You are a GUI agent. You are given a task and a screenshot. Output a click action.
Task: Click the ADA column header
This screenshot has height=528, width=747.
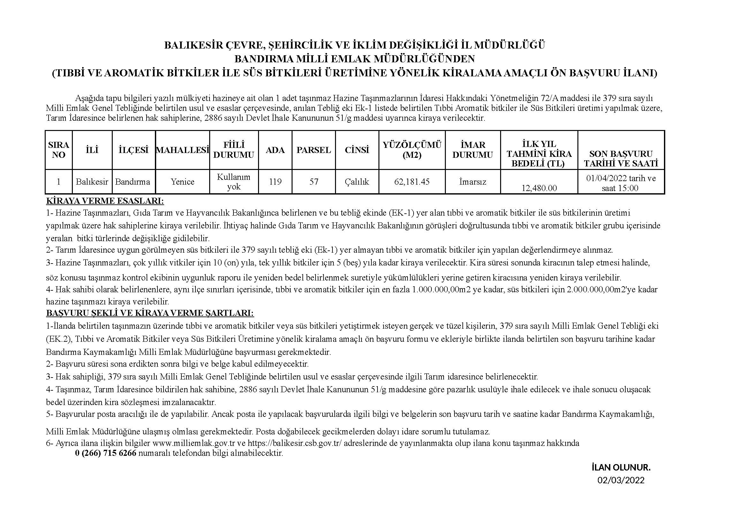(275, 150)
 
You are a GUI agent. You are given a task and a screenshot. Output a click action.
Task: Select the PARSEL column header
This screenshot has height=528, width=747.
(314, 150)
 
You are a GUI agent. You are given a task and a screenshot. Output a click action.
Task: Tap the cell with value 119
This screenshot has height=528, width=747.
(275, 181)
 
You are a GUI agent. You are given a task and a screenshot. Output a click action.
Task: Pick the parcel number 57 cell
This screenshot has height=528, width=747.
(314, 181)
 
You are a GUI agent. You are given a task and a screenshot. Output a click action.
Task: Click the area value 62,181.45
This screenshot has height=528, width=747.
(412, 181)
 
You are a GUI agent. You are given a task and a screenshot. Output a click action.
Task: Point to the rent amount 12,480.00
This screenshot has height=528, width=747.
(539, 188)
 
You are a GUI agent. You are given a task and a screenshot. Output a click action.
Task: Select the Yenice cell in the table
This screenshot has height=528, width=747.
(183, 181)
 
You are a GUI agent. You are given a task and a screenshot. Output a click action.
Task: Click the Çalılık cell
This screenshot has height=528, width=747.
(357, 181)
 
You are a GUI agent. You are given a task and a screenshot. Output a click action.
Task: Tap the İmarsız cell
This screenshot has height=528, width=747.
(472, 181)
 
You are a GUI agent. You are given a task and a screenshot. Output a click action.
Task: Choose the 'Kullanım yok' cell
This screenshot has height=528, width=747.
(233, 181)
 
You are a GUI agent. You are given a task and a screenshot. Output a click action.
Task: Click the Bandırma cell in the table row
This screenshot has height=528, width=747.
(133, 181)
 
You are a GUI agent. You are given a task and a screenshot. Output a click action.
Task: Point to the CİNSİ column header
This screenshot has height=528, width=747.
(357, 150)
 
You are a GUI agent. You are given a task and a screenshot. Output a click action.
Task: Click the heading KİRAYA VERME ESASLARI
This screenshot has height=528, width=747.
(105, 201)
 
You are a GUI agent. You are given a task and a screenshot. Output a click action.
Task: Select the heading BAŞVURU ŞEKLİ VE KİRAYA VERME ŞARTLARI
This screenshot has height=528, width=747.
(150, 313)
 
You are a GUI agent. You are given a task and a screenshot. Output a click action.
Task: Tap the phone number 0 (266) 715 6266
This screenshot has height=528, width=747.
(105, 453)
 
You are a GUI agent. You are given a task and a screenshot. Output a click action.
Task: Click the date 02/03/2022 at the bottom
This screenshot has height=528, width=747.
(621, 480)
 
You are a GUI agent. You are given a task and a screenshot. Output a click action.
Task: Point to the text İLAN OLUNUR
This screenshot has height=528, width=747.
(621, 468)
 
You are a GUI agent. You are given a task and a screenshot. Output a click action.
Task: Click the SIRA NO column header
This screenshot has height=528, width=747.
(58, 150)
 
